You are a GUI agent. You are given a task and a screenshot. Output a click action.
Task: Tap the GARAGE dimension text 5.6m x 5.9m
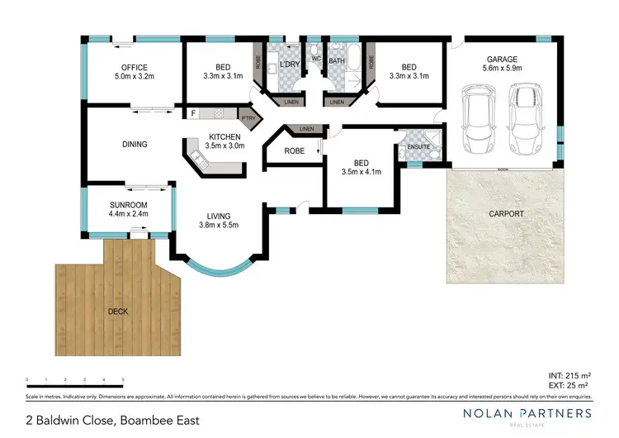pyautogui.click(x=502, y=70)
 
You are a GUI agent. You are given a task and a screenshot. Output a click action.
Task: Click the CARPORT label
pyautogui.click(x=506, y=213)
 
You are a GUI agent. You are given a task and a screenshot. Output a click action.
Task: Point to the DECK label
pyautogui.click(x=117, y=312)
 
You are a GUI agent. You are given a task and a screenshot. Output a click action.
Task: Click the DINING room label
pyautogui.click(x=135, y=145)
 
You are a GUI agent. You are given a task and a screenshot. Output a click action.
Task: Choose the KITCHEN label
pyautogui.click(x=224, y=136)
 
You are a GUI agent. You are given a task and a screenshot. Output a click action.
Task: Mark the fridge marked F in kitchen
pyautogui.click(x=192, y=113)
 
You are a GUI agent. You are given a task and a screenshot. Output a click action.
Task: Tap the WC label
pyautogui.click(x=315, y=59)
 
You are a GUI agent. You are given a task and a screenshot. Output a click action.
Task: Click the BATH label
pyautogui.click(x=337, y=61)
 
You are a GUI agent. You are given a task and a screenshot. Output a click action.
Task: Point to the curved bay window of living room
pyautogui.click(x=218, y=269)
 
